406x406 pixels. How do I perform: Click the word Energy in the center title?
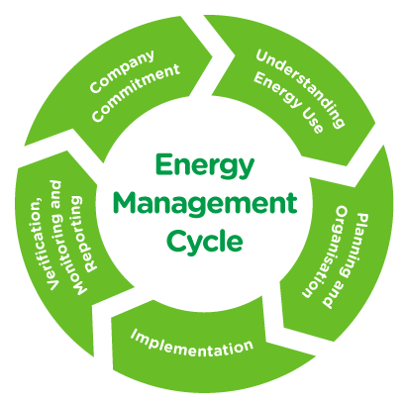click(x=205, y=166)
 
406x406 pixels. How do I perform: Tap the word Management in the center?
click(x=205, y=204)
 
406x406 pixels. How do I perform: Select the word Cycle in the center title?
click(x=205, y=242)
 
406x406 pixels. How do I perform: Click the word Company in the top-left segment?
click(x=122, y=71)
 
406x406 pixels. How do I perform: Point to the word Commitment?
click(x=136, y=92)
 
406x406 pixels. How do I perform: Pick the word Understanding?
click(x=300, y=88)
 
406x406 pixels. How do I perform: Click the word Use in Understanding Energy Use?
click(x=313, y=122)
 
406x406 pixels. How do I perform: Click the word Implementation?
click(x=192, y=345)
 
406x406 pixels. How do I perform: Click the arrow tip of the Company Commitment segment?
click(x=211, y=53)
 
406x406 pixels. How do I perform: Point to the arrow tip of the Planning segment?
click(x=284, y=329)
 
